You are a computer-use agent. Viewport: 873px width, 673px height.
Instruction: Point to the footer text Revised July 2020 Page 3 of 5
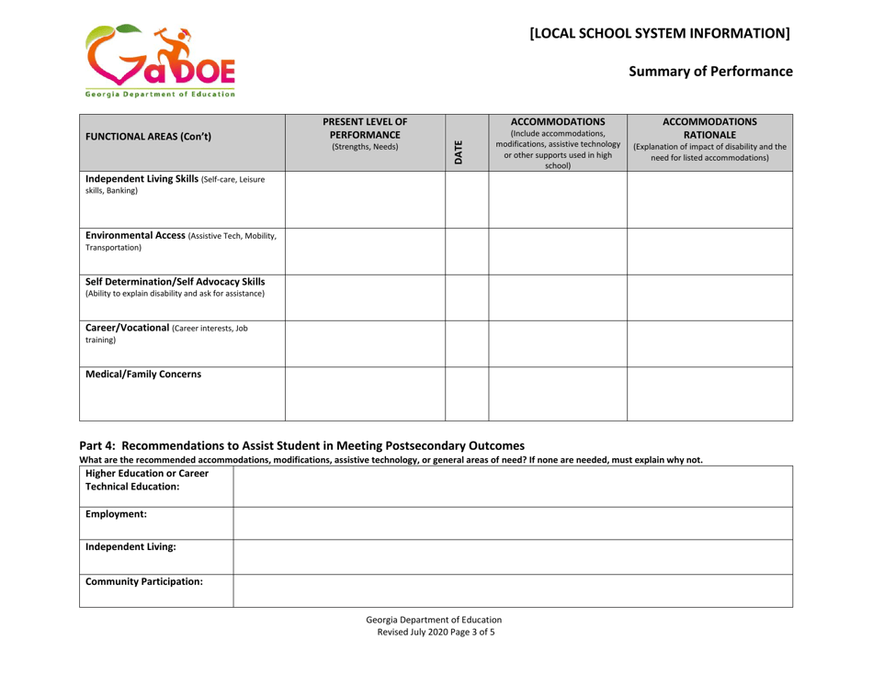point(436,658)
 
